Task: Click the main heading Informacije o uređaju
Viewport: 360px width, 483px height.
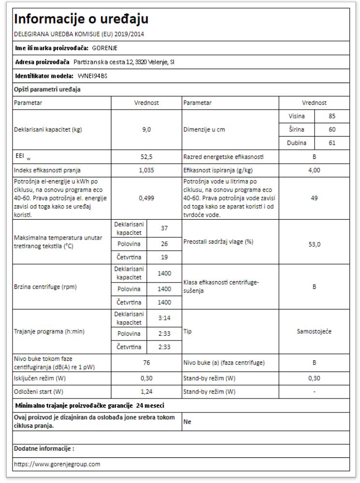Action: point(82,20)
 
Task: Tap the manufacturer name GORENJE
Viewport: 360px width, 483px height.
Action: point(105,48)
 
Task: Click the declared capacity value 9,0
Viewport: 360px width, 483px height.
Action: point(147,130)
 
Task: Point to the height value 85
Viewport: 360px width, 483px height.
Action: point(332,116)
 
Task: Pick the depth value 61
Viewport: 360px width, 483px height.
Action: point(332,143)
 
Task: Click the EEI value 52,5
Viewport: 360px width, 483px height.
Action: point(147,157)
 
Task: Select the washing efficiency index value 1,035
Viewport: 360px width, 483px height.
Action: point(147,170)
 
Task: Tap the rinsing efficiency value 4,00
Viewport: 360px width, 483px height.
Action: point(314,170)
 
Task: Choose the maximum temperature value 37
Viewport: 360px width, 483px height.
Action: point(164,227)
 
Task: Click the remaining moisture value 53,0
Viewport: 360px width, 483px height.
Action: point(314,244)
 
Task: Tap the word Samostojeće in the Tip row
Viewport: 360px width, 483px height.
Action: point(314,332)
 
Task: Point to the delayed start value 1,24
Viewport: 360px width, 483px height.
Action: point(147,392)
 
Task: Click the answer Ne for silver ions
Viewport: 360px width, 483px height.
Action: point(187,421)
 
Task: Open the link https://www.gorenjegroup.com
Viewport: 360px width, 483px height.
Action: point(57,464)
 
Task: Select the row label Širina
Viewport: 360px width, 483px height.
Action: point(296,130)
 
